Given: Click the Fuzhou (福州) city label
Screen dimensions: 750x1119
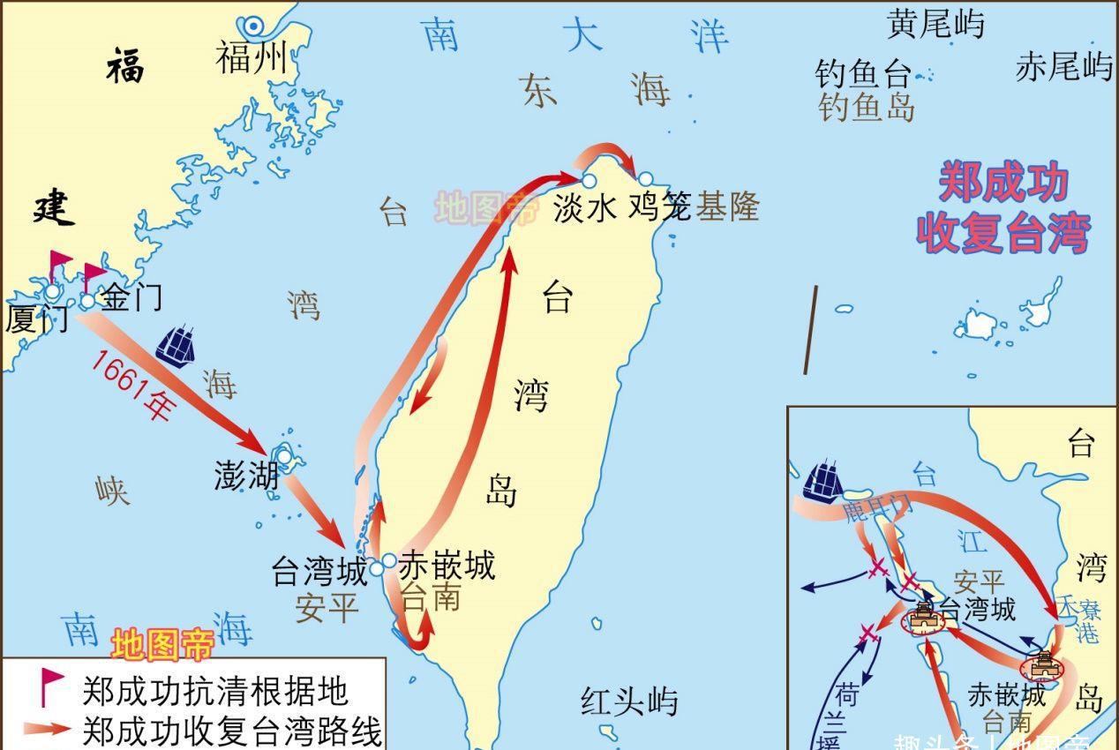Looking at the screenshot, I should click(252, 60).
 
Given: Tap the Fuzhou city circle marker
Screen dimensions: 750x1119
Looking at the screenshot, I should click(256, 27).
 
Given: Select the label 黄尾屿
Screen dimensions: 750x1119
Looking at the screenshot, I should click(935, 24).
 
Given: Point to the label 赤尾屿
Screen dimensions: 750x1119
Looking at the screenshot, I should click(1063, 66).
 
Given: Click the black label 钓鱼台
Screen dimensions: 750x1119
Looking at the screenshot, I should click(862, 75).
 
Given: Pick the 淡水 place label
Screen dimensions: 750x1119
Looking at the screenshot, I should click(584, 208).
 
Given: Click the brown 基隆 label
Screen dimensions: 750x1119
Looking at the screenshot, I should click(727, 207).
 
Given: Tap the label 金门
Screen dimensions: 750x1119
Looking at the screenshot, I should click(132, 296).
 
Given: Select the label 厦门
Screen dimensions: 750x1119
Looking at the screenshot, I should click(36, 319).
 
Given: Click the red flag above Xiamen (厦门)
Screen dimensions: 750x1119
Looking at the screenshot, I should click(59, 262).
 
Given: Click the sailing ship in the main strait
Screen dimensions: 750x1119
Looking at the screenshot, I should click(176, 344).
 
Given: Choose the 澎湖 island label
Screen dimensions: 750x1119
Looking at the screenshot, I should click(246, 476).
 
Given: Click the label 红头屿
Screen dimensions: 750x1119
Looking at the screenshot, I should click(629, 701).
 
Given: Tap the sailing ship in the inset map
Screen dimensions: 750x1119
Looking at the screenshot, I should click(822, 482).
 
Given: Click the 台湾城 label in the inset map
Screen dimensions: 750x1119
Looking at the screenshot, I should click(976, 609).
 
